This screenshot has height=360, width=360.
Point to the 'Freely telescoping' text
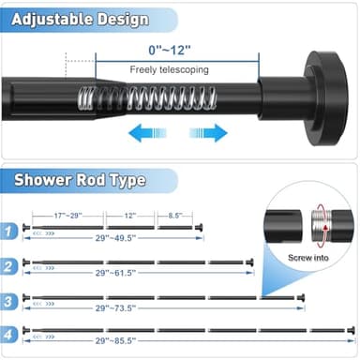tap(169, 69)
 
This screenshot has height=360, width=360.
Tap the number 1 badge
tap(8, 228)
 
